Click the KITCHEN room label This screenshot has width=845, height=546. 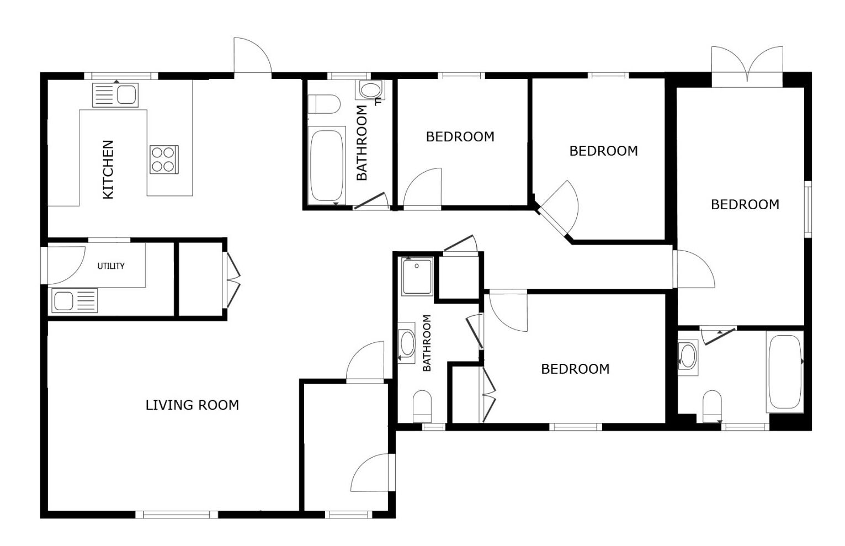tap(108, 169)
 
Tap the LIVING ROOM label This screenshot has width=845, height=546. tap(193, 405)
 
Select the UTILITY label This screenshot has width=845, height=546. tap(111, 266)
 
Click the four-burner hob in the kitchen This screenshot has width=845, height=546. tap(164, 160)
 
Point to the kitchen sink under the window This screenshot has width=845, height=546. tap(115, 95)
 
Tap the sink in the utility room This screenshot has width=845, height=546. tap(75, 301)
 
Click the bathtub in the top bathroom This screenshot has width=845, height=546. tap(327, 166)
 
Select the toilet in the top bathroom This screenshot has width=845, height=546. tap(324, 104)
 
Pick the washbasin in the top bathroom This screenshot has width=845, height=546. tap(370, 90)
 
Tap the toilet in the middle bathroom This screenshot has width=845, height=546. tap(422, 407)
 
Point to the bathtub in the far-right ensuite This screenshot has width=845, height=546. tap(785, 372)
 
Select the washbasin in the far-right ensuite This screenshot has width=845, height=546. tap(688, 357)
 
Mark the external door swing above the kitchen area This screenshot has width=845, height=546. tap(253, 55)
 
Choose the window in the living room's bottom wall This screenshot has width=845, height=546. tap(177, 515)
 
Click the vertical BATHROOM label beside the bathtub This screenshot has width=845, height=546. tap(362, 143)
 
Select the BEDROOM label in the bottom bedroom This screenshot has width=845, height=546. tap(575, 369)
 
